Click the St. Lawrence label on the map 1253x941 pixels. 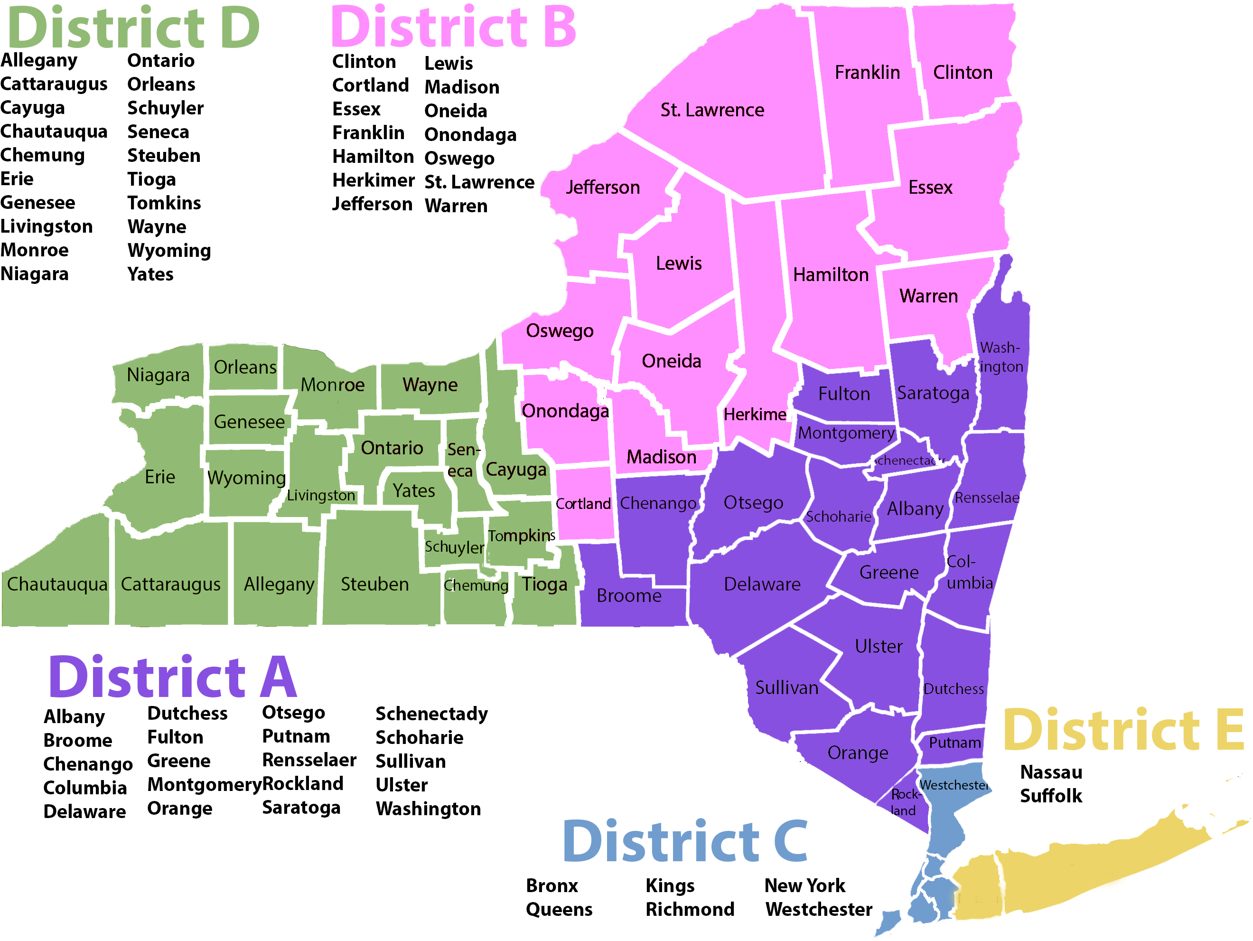coord(712,110)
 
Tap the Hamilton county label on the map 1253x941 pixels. coord(831,275)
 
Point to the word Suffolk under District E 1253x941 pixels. coord(1051,796)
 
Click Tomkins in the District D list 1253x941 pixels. coord(164,203)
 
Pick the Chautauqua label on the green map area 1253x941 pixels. coord(57,584)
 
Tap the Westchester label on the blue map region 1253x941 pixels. coord(954,785)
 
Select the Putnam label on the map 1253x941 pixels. coord(954,743)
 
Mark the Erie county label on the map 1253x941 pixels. coord(160,477)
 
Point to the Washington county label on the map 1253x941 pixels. coord(1001,357)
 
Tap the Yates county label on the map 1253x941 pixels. coord(414,490)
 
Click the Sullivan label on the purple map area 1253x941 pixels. coord(787,688)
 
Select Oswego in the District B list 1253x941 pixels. coord(459,159)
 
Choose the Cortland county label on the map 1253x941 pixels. coord(583,504)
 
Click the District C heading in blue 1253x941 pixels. coord(685,842)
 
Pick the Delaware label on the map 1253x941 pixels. coord(762,584)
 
